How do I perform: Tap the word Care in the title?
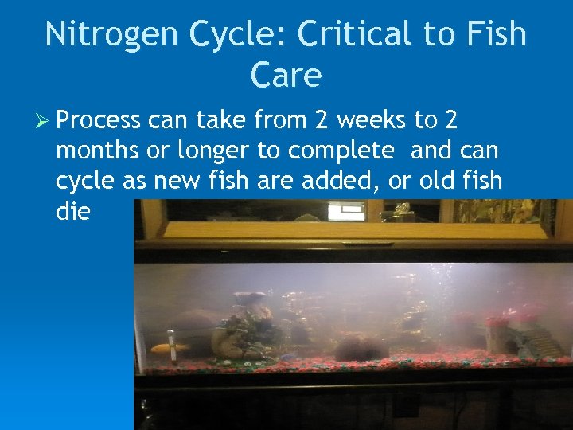pyautogui.click(x=285, y=75)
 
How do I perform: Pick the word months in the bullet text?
pyautogui.click(x=95, y=150)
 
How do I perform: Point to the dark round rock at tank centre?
pyautogui.click(x=360, y=347)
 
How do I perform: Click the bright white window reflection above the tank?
pyautogui.click(x=345, y=211)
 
